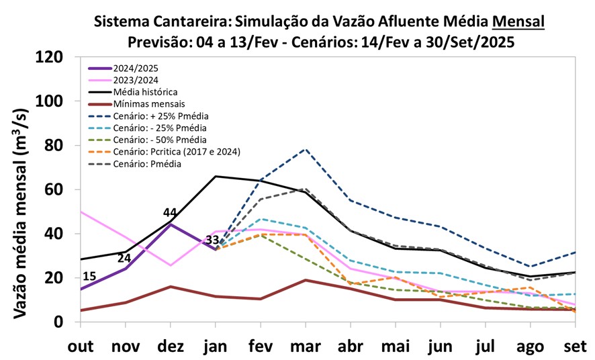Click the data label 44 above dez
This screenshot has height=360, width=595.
click(170, 213)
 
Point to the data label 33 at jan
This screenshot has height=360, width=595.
click(213, 240)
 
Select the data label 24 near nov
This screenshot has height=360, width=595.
click(124, 258)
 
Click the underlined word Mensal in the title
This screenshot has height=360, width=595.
click(518, 21)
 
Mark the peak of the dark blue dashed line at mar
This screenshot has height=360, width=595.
click(306, 149)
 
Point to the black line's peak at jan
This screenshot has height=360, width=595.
click(216, 176)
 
